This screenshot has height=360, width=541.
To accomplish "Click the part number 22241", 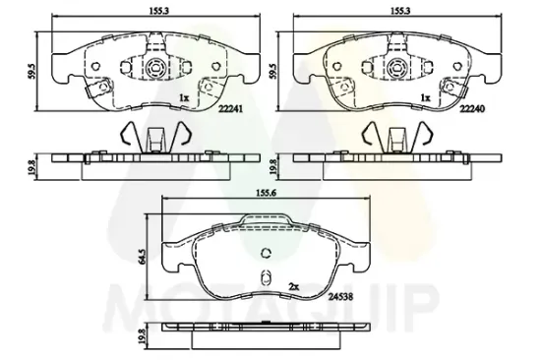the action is (231, 109).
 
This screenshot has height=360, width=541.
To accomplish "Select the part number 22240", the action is (472, 109).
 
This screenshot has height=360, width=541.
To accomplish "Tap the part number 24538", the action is (340, 296).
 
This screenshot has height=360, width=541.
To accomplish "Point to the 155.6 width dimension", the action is (266, 194).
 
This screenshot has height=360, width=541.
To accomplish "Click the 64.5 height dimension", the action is (142, 257).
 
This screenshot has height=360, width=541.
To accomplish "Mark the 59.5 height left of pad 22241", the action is (32, 72).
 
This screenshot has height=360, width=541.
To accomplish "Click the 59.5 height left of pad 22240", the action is (273, 72).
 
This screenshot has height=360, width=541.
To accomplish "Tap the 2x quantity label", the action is (293, 286).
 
